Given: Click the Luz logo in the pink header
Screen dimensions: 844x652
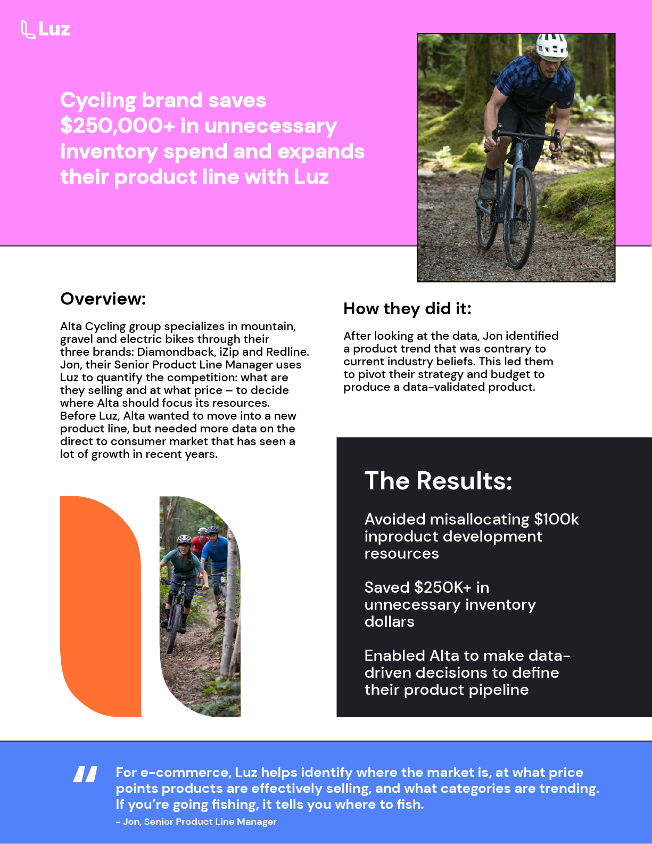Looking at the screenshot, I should [x=46, y=29].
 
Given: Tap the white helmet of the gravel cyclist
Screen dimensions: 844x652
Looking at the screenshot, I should [x=551, y=46].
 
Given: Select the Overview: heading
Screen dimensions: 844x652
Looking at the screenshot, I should [x=103, y=299].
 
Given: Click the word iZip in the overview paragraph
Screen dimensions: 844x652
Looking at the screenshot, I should [x=229, y=352].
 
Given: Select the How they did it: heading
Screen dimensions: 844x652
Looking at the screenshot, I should [x=407, y=308].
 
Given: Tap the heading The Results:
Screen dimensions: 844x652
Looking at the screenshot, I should [x=438, y=480].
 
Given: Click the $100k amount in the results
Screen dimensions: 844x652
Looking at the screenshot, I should [x=556, y=519].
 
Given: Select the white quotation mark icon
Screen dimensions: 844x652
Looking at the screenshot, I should [x=85, y=774].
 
